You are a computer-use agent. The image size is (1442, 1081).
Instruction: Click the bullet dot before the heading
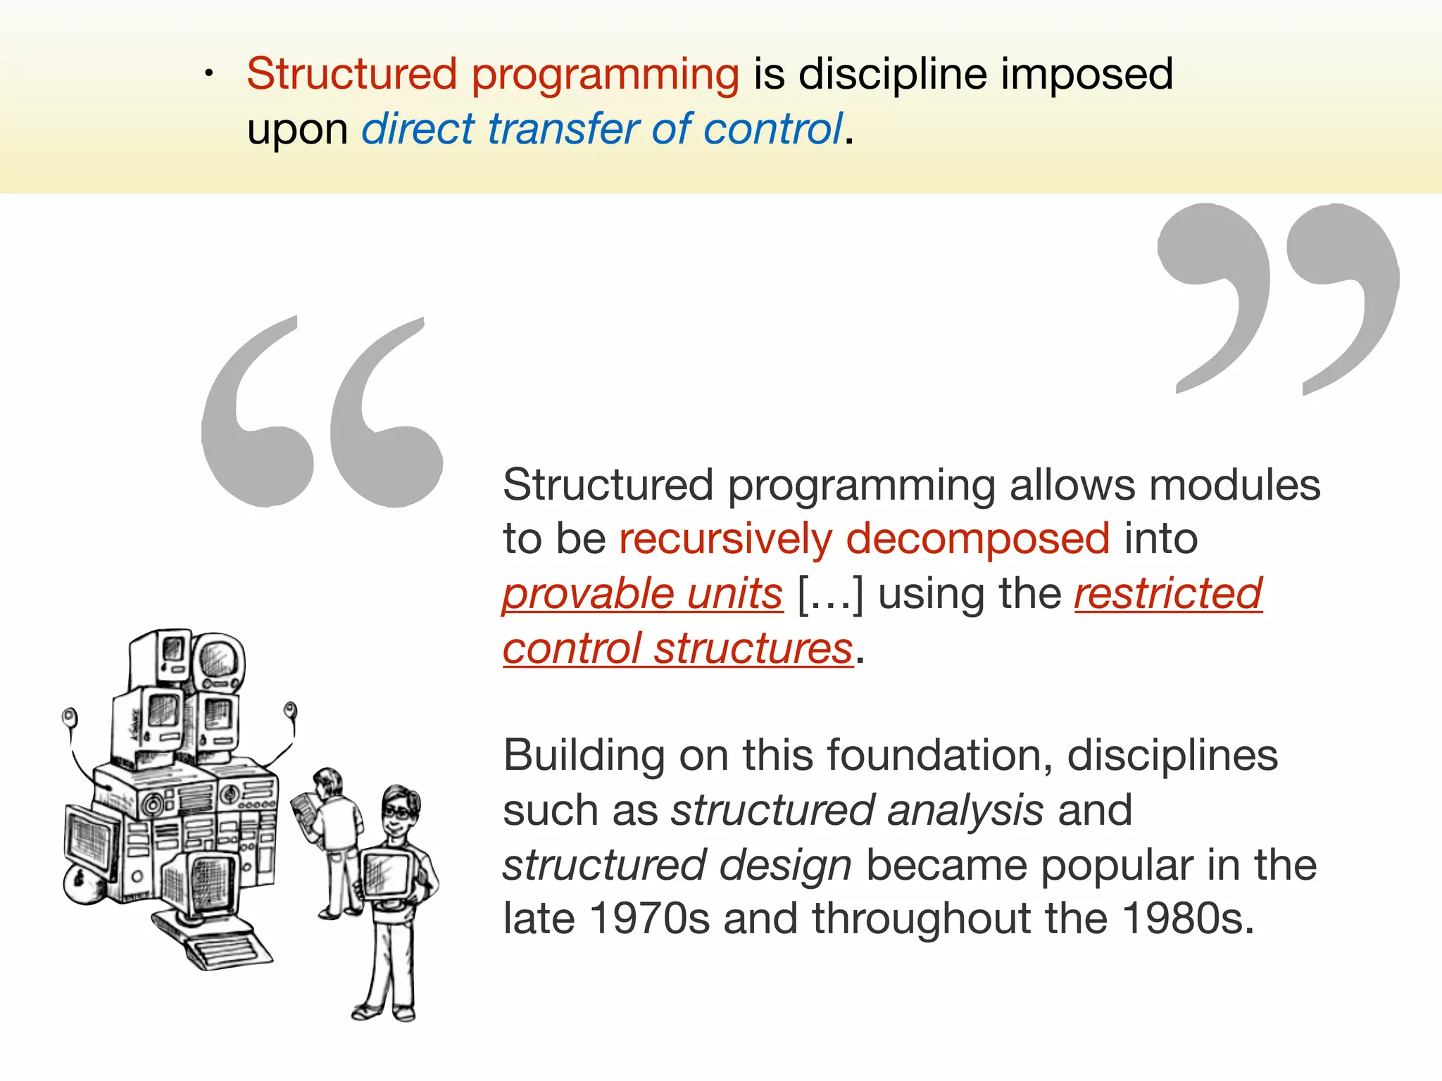(208, 75)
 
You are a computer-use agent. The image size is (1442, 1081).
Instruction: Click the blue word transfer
(562, 129)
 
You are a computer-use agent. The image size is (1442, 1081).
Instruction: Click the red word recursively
(725, 539)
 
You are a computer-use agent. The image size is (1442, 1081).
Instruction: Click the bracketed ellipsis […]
(829, 594)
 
